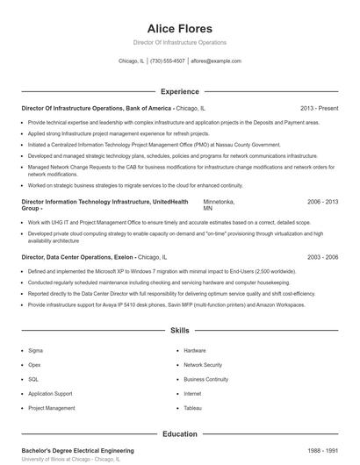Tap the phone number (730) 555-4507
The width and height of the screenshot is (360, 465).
[167, 61]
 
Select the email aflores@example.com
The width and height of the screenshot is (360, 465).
[216, 61]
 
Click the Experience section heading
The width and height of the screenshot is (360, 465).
[179, 91]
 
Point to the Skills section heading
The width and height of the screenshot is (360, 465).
[179, 331]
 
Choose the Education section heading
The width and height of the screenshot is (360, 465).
[179, 433]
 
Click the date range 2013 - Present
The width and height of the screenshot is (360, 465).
[319, 108]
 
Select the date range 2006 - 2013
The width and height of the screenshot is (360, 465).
[322, 202]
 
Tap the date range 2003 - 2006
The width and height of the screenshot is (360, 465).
[322, 257]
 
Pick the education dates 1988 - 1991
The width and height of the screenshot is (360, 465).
[322, 449]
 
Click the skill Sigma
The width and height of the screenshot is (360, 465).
[35, 350]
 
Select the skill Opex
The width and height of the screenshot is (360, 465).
[35, 364]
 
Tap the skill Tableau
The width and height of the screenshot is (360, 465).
[193, 408]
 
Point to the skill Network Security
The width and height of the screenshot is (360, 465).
[203, 364]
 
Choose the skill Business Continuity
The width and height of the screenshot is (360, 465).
[206, 379]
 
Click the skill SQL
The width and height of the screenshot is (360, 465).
[33, 379]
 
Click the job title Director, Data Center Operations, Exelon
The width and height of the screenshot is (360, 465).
[77, 257]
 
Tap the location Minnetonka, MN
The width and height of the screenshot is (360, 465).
[219, 205]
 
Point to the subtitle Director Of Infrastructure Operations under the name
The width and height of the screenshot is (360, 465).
[179, 42]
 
